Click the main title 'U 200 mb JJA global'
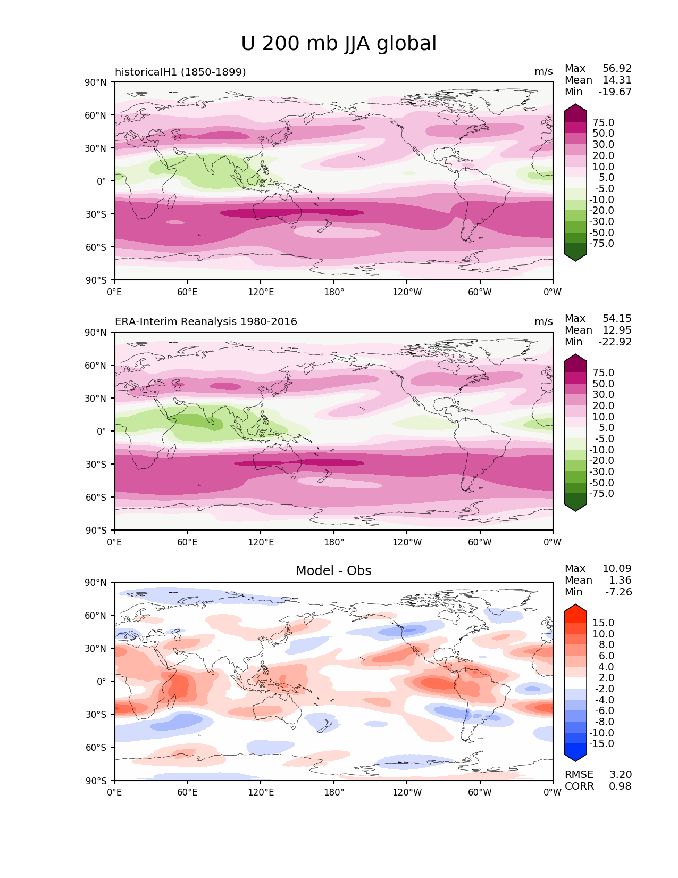click(x=339, y=44)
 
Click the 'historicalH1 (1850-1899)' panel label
click(x=180, y=72)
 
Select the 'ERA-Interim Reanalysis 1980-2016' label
click(x=206, y=322)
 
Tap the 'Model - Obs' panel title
click(x=333, y=571)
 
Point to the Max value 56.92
click(x=617, y=69)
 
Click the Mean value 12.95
click(x=617, y=330)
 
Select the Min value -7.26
click(x=618, y=592)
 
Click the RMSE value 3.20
click(x=620, y=775)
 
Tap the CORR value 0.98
click(x=620, y=786)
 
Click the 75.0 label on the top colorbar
click(x=603, y=123)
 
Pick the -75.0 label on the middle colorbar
click(x=601, y=494)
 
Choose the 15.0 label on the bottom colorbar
click(x=603, y=623)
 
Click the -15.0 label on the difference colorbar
click(x=601, y=744)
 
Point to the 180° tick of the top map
click(x=334, y=292)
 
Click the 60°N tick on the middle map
click(x=97, y=366)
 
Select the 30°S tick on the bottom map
click(x=97, y=715)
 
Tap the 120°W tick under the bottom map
click(x=407, y=792)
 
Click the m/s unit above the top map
click(x=543, y=72)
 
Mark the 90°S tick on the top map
click(x=97, y=280)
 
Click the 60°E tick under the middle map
click(x=188, y=542)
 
